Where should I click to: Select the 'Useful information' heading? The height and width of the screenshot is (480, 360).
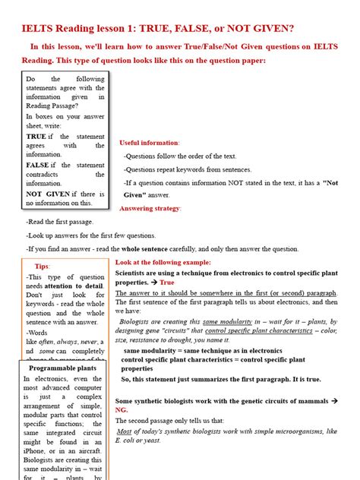(x=150, y=143)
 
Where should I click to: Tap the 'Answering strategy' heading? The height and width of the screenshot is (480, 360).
(x=150, y=208)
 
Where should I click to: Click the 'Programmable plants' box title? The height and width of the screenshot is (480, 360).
(x=63, y=368)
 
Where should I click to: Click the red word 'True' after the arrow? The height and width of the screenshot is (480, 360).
(x=167, y=282)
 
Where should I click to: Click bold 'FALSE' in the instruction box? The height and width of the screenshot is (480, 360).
(x=38, y=165)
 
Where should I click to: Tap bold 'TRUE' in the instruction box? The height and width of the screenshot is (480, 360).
(x=36, y=136)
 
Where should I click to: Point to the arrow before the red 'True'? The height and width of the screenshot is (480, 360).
(x=153, y=282)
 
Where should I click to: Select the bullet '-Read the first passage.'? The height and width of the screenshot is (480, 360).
(x=60, y=221)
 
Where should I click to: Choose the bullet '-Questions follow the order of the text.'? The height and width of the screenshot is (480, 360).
(x=181, y=155)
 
